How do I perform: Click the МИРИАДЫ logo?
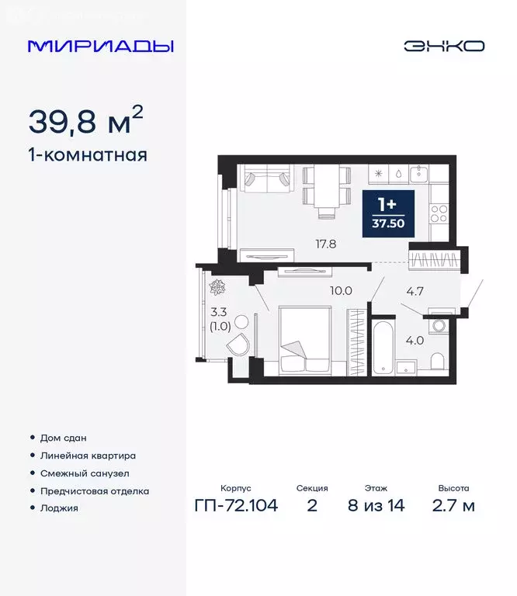[100, 46]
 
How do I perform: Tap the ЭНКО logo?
[443, 46]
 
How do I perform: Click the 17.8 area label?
[324, 244]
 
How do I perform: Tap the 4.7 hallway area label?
[416, 293]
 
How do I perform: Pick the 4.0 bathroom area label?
[416, 339]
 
